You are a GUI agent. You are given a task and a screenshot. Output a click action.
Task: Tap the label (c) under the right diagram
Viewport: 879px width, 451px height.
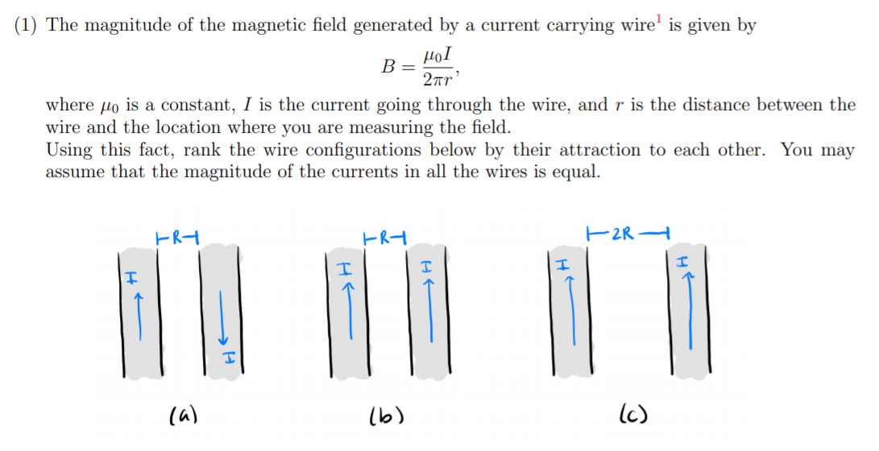[632, 416]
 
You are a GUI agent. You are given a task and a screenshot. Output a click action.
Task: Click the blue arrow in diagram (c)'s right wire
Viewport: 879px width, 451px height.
[689, 310]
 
